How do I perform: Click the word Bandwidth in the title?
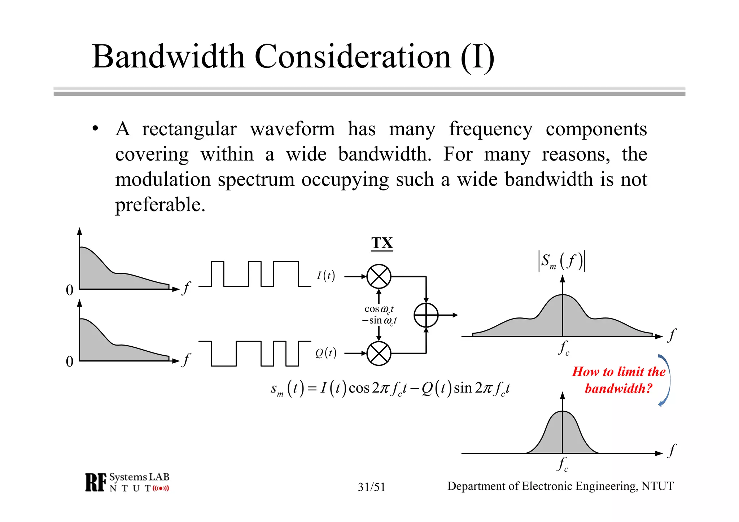tap(169, 57)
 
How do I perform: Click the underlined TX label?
tap(382, 243)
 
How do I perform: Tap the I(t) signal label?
tap(326, 276)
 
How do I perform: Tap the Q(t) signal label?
tap(325, 353)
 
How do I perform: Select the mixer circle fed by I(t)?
tap(379, 277)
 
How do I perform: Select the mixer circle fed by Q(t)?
tap(379, 354)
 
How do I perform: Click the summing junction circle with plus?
tap(426, 315)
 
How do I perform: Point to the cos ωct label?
tap(379, 309)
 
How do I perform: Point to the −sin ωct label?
tap(379, 320)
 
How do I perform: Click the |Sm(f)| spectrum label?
tap(561, 261)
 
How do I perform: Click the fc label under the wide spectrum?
tap(563, 348)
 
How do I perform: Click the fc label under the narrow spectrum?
tap(563, 464)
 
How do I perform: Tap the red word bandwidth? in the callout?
tap(618, 389)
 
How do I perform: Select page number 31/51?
tap(371, 487)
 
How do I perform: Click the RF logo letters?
tap(96, 482)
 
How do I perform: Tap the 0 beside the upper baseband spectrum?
tap(70, 290)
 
